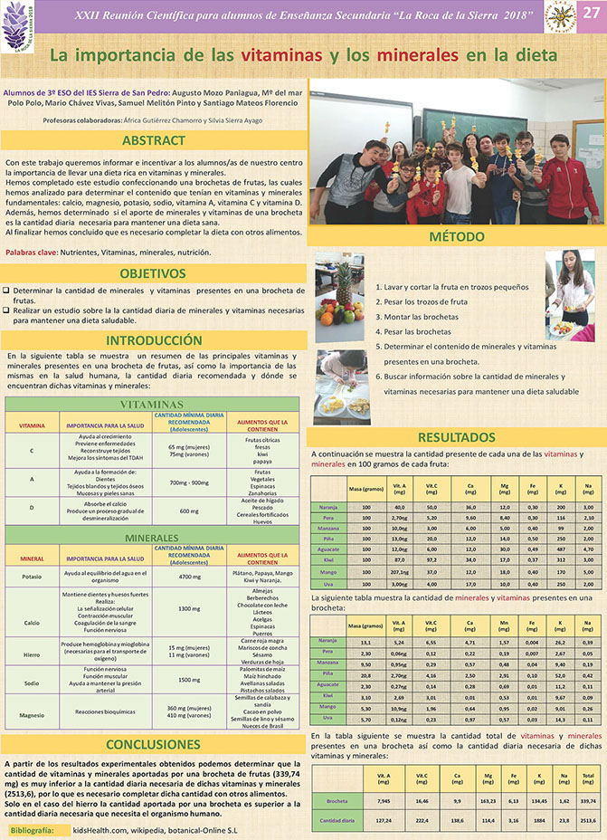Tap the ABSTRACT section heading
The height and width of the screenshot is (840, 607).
click(154, 141)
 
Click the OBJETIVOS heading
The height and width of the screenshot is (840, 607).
click(154, 272)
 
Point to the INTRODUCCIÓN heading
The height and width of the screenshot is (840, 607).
click(154, 340)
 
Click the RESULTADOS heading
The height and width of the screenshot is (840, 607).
click(456, 438)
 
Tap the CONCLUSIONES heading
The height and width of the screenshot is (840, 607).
click(154, 744)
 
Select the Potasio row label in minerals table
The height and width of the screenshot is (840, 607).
click(32, 575)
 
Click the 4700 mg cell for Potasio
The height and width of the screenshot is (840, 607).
click(189, 576)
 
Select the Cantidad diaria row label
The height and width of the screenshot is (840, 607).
click(336, 819)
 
